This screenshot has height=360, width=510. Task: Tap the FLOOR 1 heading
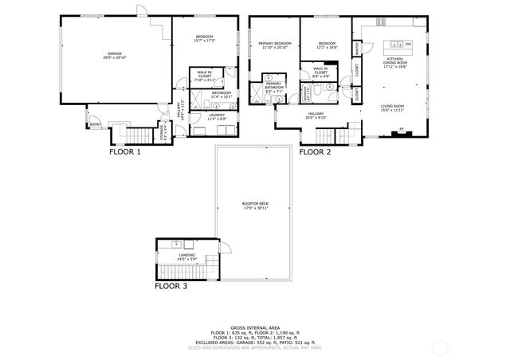[124, 151]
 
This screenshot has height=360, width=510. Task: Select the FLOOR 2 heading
[316, 151]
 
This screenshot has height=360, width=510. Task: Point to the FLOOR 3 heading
[171, 285]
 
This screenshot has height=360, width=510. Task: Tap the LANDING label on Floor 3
[186, 256]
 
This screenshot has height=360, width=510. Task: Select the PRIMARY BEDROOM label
[274, 45]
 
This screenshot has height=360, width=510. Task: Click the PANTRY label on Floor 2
[359, 49]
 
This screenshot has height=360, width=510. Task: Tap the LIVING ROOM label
[391, 107]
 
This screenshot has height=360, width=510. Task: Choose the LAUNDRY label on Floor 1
[217, 116]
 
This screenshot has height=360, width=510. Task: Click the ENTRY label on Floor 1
[95, 124]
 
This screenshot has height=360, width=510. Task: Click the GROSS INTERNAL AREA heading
[254, 327]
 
